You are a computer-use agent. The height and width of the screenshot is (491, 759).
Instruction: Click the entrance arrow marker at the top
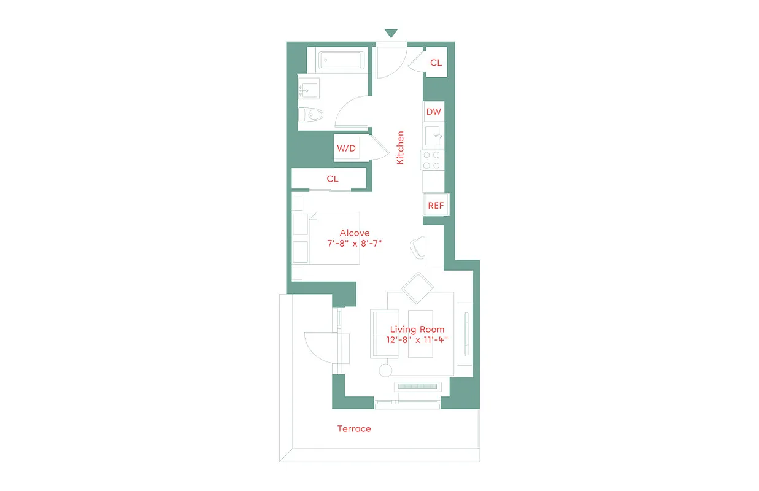tap(391, 34)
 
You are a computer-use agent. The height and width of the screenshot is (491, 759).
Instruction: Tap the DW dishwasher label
tap(434, 112)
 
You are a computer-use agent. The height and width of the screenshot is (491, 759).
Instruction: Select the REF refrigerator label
tap(436, 206)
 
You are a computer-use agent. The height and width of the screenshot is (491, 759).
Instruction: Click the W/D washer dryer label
tap(346, 149)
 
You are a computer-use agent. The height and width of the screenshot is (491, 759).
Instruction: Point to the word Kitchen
tap(400, 147)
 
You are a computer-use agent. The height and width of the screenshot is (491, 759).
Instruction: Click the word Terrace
tap(354, 429)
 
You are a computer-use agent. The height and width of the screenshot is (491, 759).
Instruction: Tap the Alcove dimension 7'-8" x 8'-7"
tap(355, 243)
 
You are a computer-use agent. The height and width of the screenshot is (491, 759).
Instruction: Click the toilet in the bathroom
tap(311, 115)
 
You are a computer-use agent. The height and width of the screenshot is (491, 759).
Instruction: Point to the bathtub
tap(341, 61)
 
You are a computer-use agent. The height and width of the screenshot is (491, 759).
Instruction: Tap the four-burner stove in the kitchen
tap(432, 160)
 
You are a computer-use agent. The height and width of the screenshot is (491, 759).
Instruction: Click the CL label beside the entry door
tap(436, 63)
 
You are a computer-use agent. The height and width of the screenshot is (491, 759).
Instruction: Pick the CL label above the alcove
tap(333, 179)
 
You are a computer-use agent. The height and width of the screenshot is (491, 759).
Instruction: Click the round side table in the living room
tap(385, 370)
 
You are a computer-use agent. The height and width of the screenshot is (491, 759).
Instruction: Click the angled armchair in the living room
tap(418, 288)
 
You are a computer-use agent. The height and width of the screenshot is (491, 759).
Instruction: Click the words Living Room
tap(417, 330)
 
